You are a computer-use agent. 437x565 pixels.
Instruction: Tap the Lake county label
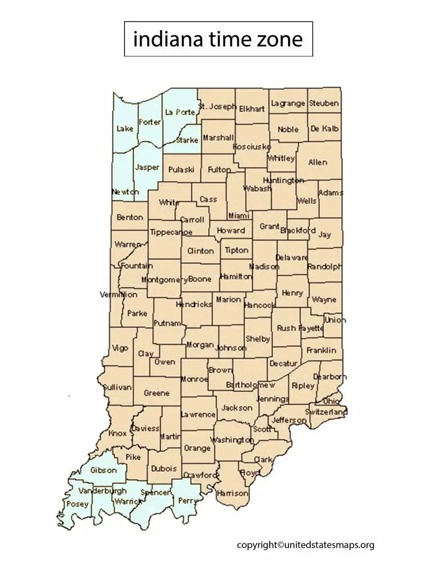point(125,128)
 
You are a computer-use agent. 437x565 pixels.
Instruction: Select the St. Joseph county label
point(217,106)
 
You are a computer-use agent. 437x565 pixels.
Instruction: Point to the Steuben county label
point(324,103)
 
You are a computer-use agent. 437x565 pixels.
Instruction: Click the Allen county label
point(318,162)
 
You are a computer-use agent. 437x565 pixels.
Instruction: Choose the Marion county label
point(228,299)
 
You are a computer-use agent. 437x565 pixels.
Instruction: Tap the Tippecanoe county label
point(171,232)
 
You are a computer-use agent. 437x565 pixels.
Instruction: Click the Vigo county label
point(120,348)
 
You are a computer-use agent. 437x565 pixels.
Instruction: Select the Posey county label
point(78,504)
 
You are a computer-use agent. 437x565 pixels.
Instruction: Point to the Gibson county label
point(104,470)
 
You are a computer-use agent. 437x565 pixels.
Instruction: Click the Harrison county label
point(233,493)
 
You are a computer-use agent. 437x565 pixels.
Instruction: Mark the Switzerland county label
point(326,411)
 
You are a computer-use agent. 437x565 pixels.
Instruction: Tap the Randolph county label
point(325,267)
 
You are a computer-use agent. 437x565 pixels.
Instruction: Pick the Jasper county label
point(147,167)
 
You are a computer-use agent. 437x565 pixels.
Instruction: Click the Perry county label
point(186,501)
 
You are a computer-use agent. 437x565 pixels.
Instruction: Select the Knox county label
point(117,433)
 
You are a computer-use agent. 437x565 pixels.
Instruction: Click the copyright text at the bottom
point(306,545)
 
